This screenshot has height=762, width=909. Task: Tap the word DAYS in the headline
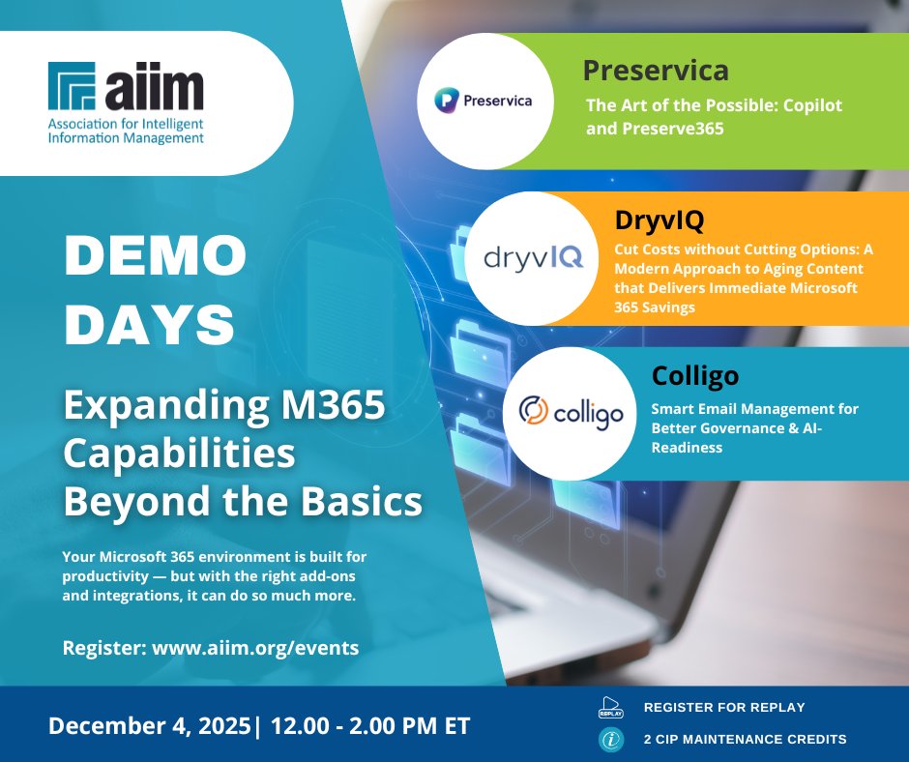[150, 327]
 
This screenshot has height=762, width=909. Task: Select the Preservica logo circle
[475, 100]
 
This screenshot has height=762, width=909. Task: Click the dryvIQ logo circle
[533, 257]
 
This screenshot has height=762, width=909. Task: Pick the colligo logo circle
[571, 413]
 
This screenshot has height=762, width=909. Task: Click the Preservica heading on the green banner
[655, 71]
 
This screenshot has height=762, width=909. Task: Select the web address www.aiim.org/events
[255, 648]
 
